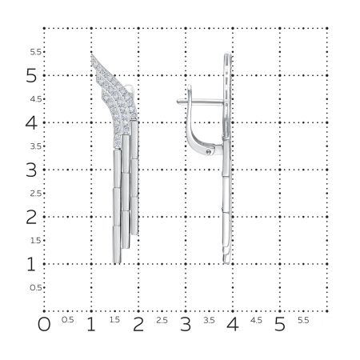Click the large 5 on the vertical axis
(31, 76)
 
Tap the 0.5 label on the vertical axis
(35, 287)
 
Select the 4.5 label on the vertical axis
(35, 99)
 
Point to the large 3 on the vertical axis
(31, 170)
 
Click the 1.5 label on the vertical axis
(35, 240)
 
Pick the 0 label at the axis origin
(44, 325)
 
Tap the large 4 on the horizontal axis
(233, 325)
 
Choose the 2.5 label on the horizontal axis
(162, 320)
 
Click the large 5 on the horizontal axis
(280, 325)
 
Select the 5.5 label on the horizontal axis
(303, 320)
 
